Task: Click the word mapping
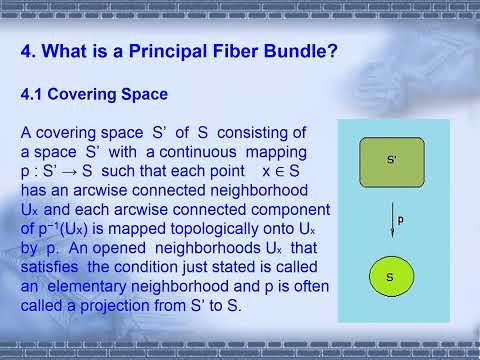pos(269,151)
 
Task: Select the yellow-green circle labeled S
pos(391,276)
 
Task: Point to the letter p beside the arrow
pos(400,216)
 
